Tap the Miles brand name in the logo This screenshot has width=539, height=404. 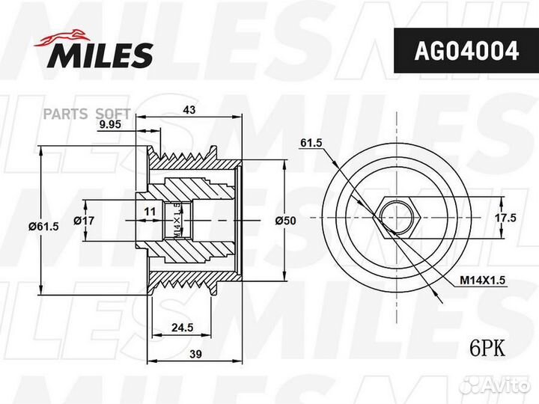pos(101,55)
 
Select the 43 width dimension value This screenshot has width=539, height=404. pos(189,110)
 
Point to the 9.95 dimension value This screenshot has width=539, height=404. pos(110,125)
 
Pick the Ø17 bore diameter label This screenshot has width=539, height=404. pos(84,221)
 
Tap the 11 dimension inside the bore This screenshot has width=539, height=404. pos(150,212)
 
